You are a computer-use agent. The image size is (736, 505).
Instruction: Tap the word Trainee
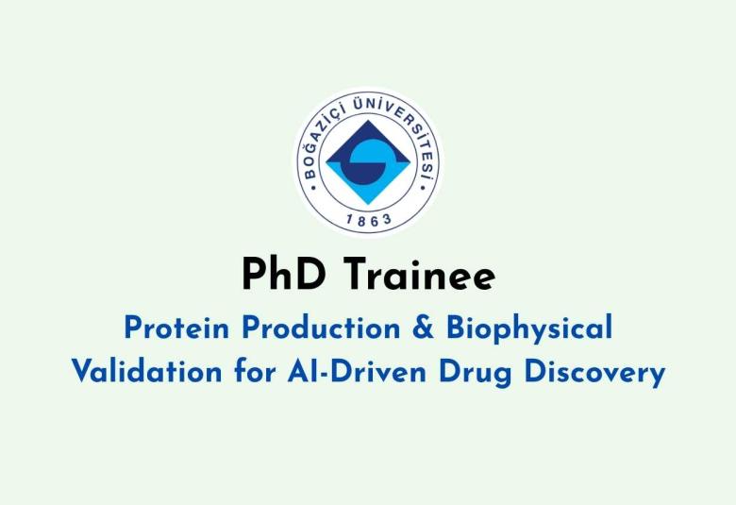[x=418, y=275]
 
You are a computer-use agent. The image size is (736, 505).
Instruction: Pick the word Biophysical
[x=528, y=329]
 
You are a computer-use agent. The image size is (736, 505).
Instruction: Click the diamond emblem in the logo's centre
[x=367, y=160]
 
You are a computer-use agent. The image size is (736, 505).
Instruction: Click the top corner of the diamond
[x=367, y=116]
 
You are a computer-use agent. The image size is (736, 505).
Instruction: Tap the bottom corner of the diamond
[x=367, y=205]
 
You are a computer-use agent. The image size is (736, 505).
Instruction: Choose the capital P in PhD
[x=253, y=275]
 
